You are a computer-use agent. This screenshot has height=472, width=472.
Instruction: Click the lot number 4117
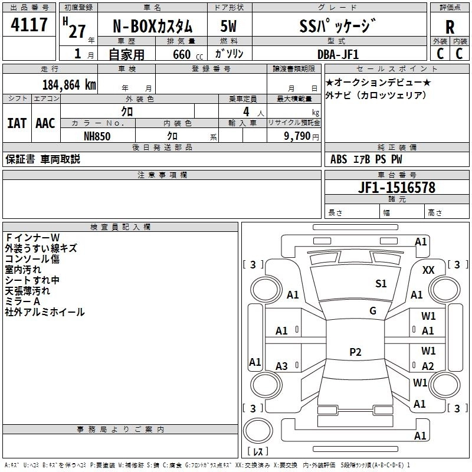30,25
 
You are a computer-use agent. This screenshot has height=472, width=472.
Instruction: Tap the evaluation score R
450,27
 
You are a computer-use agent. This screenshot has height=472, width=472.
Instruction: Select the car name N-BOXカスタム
152,27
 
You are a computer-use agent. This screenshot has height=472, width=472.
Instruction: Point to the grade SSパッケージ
337,27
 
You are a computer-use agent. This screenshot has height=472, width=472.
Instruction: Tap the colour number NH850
97,136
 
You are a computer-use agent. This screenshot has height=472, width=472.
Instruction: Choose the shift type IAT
17,123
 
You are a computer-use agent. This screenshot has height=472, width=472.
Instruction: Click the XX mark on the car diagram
429,270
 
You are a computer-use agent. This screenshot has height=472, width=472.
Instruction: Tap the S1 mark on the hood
381,284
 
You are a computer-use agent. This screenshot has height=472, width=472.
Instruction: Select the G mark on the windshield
372,310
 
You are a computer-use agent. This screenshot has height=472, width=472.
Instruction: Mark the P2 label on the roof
355,352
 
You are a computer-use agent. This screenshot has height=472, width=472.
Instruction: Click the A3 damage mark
282,366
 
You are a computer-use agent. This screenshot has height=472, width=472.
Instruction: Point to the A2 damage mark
428,366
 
